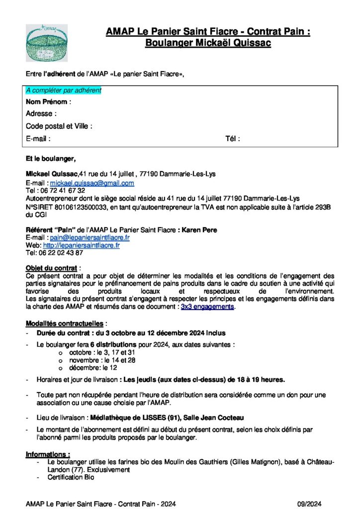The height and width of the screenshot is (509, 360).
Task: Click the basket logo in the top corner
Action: pyautogui.click(x=47, y=43)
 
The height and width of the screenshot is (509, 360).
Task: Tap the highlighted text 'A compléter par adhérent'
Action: pyautogui.click(x=64, y=90)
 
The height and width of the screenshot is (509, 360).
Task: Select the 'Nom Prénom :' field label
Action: pyautogui.click(x=48, y=102)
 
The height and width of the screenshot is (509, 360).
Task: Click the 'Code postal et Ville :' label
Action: pyautogui.click(x=59, y=126)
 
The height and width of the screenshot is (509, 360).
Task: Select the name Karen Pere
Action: pyautogui.click(x=199, y=230)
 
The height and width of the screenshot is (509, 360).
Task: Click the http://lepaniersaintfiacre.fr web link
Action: pyautogui.click(x=81, y=246)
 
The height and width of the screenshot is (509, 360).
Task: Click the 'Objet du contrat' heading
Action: pyautogui.click(x=51, y=268)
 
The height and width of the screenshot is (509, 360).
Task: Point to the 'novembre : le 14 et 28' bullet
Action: pyautogui.click(x=95, y=360)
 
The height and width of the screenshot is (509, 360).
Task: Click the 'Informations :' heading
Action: pyautogui.click(x=48, y=454)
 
